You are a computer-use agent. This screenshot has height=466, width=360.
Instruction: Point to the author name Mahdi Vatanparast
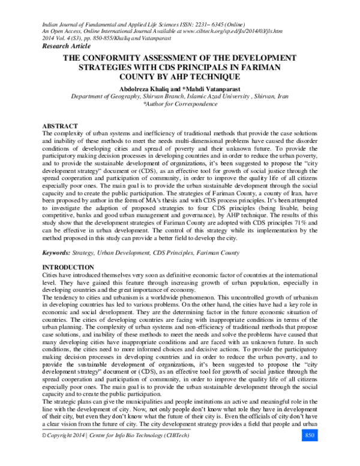217,87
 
